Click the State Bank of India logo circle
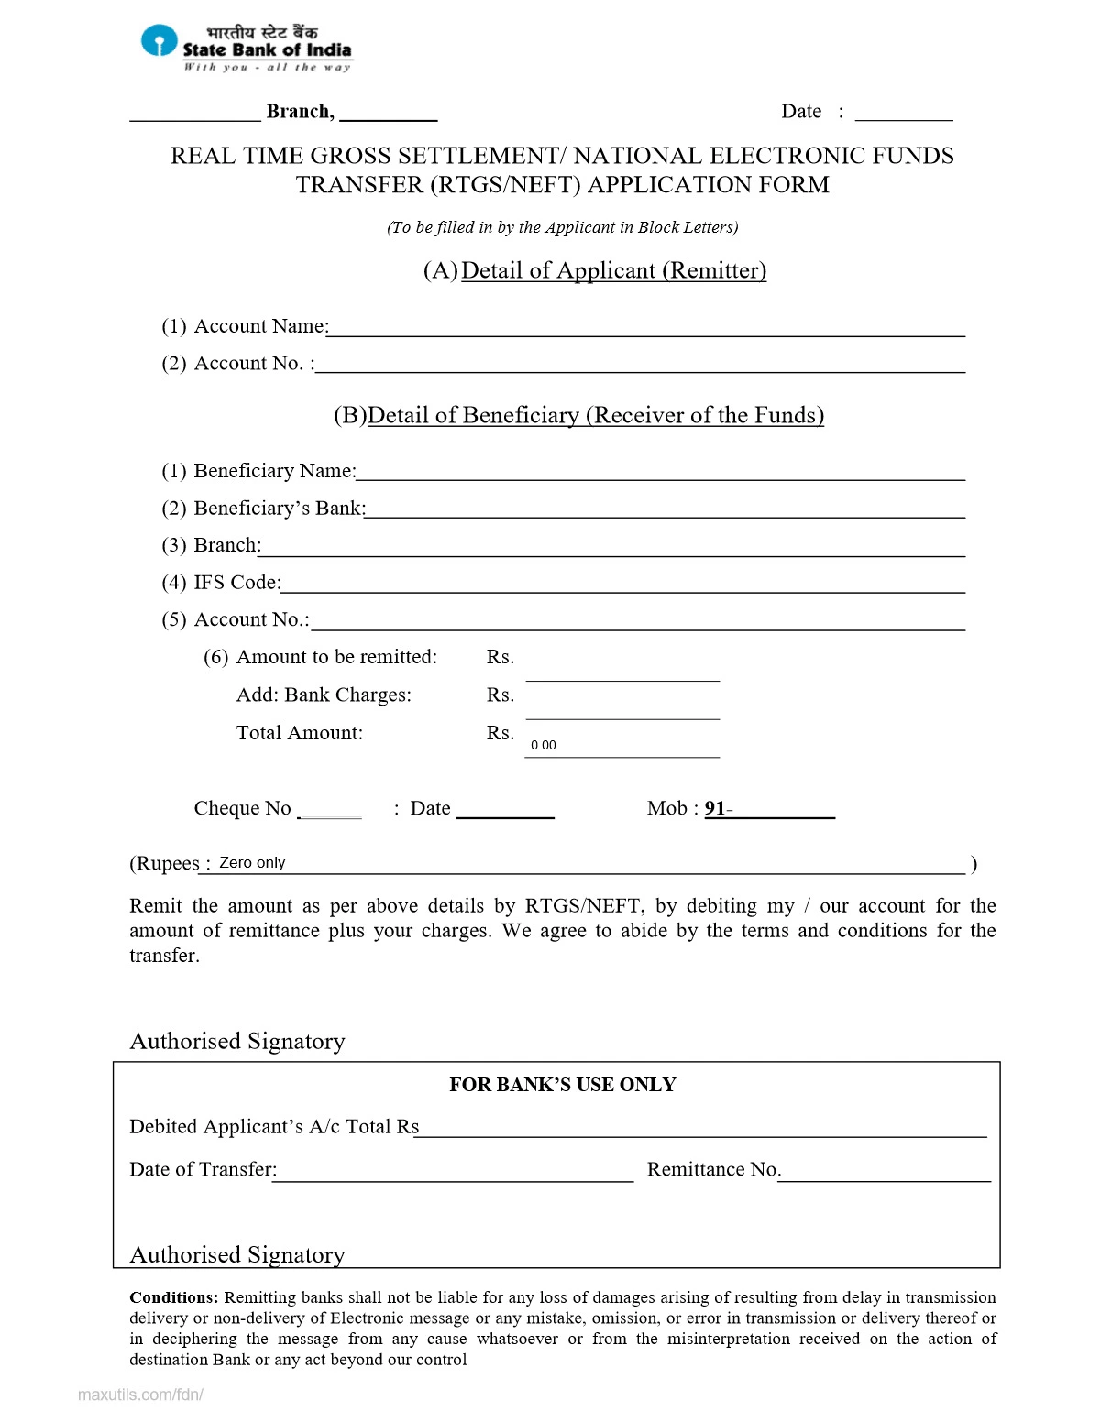coord(159,41)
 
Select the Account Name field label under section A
coord(260,326)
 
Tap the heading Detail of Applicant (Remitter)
coord(612,270)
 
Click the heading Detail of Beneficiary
coord(595,415)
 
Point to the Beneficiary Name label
coord(274,471)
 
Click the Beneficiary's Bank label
coord(279,509)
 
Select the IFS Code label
coord(236,583)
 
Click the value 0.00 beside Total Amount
coord(544,745)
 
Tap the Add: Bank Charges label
coord(324,695)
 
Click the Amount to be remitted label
coord(336,657)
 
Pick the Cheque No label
coord(242,808)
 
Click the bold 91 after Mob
coord(715,808)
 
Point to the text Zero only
coord(252,862)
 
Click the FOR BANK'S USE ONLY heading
coord(562,1085)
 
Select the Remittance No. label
coord(713,1169)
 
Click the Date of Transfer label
coord(203,1169)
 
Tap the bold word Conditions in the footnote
coord(173,1297)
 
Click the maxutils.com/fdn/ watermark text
coord(140,1395)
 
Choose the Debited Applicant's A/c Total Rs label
coord(273,1127)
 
